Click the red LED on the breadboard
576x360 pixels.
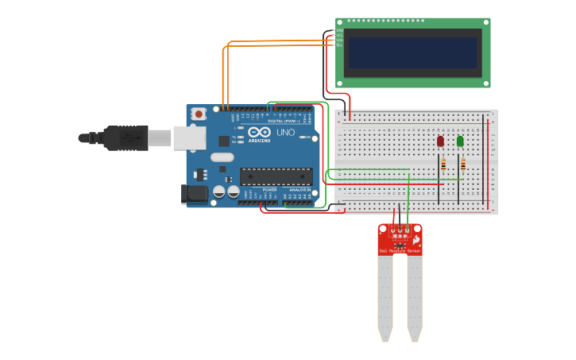pyautogui.click(x=440, y=141)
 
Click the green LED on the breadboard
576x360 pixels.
pyautogui.click(x=460, y=141)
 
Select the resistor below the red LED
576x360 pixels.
pyautogui.click(x=443, y=165)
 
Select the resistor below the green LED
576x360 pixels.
pyautogui.click(x=462, y=165)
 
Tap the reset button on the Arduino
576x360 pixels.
pyautogui.click(x=198, y=114)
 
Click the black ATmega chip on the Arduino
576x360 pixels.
pyautogui.click(x=276, y=176)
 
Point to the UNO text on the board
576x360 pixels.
pyautogui.click(x=285, y=132)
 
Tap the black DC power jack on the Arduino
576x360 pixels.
pyautogui.click(x=193, y=194)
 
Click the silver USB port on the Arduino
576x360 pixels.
pyautogui.click(x=189, y=138)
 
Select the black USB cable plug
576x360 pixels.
pyautogui.click(x=127, y=137)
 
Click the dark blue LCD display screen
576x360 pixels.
pyautogui.click(x=413, y=52)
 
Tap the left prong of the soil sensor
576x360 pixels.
pyautogui.click(x=385, y=294)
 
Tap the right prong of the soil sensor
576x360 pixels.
pyautogui.click(x=414, y=294)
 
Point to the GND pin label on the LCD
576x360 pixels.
pyautogui.click(x=339, y=31)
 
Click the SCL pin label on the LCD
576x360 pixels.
pyautogui.click(x=339, y=45)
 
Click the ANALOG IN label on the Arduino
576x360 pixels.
pyautogui.click(x=300, y=190)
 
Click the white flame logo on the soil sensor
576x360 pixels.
pyautogui.click(x=416, y=238)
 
